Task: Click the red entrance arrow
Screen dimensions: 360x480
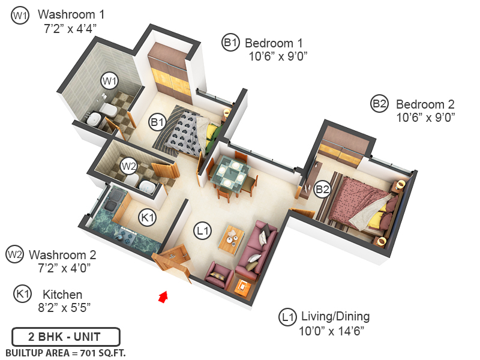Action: pos(162,297)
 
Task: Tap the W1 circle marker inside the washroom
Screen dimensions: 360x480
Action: pos(109,80)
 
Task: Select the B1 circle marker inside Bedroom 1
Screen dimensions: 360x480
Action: pos(158,122)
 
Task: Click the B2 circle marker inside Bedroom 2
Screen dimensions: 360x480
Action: pos(323,190)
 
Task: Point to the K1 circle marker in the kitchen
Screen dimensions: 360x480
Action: pos(148,217)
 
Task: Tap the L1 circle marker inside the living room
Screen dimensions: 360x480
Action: pos(202,230)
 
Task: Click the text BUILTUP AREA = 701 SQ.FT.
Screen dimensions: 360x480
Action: pos(66,352)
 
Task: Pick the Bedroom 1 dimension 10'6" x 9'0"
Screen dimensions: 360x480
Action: pos(278,57)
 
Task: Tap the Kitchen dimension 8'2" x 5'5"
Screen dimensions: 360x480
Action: pos(62,308)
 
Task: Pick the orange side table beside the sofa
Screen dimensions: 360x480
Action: pos(244,287)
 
